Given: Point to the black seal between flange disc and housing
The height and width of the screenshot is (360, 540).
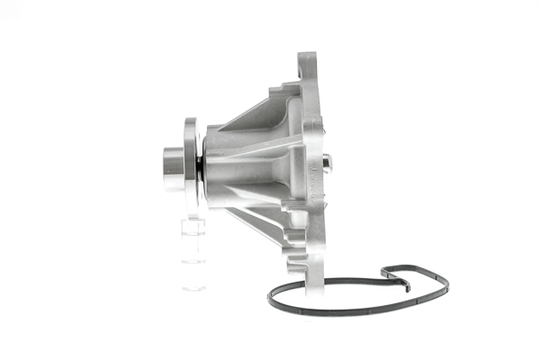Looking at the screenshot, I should coord(199,166).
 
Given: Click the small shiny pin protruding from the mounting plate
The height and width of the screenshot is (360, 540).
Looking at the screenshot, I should coord(327,162).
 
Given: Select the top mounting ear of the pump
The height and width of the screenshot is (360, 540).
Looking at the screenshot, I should coord(308,65).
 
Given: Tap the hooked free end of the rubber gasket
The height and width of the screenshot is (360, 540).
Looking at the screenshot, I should coord(406,287).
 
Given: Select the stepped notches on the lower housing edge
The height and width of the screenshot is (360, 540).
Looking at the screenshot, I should coord(290,243).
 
